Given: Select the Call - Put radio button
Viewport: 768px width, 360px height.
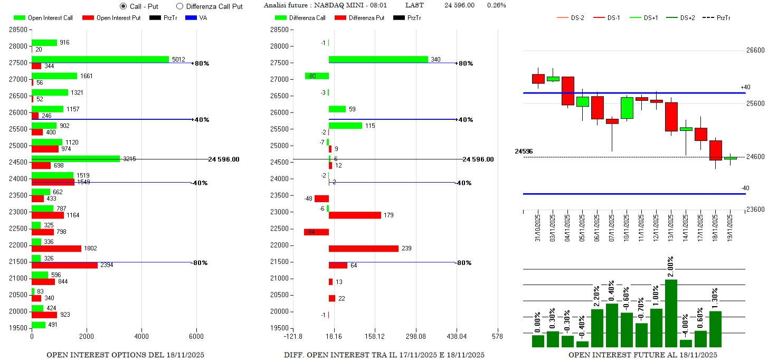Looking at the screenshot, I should [124, 6].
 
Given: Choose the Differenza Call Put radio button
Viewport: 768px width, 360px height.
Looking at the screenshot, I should [179, 6].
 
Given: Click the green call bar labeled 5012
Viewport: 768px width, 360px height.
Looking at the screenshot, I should [100, 59].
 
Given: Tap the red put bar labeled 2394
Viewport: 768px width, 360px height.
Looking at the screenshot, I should [64, 265].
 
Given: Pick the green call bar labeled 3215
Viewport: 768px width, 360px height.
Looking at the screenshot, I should [76, 158].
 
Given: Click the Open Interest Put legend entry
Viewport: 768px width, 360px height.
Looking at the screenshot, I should [111, 18].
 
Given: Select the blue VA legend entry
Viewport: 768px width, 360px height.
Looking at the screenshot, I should [196, 18].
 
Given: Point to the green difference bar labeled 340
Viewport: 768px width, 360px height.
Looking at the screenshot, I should [378, 59].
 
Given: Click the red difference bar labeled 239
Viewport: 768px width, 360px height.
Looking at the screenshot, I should [363, 248].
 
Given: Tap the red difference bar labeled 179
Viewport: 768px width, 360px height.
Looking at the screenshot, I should [355, 215].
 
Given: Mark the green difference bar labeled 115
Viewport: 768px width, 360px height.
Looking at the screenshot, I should [345, 126].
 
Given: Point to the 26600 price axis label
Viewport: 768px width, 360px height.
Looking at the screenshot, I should [754, 51].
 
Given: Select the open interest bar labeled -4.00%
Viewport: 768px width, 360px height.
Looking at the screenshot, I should [686, 343].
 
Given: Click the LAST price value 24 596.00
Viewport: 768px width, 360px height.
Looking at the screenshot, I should [459, 5].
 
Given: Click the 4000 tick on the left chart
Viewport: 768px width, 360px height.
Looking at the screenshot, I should [141, 336].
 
